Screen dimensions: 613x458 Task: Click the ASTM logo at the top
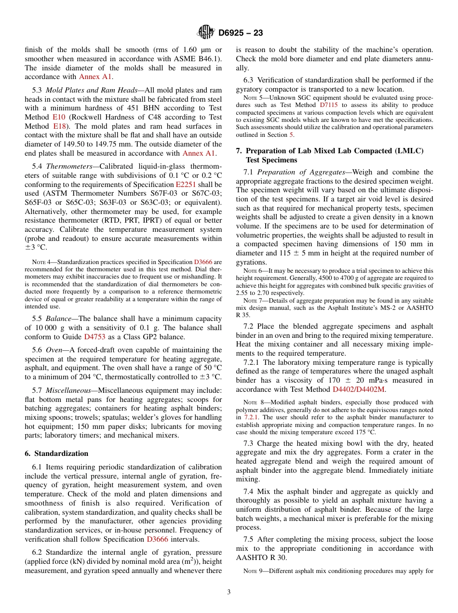tap(206, 33)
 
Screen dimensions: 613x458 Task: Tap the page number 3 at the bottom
tap(229, 592)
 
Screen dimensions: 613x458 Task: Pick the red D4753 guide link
tap(94, 337)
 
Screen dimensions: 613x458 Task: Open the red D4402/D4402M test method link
tap(359, 389)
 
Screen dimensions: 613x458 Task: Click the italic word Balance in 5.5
tap(58, 319)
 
